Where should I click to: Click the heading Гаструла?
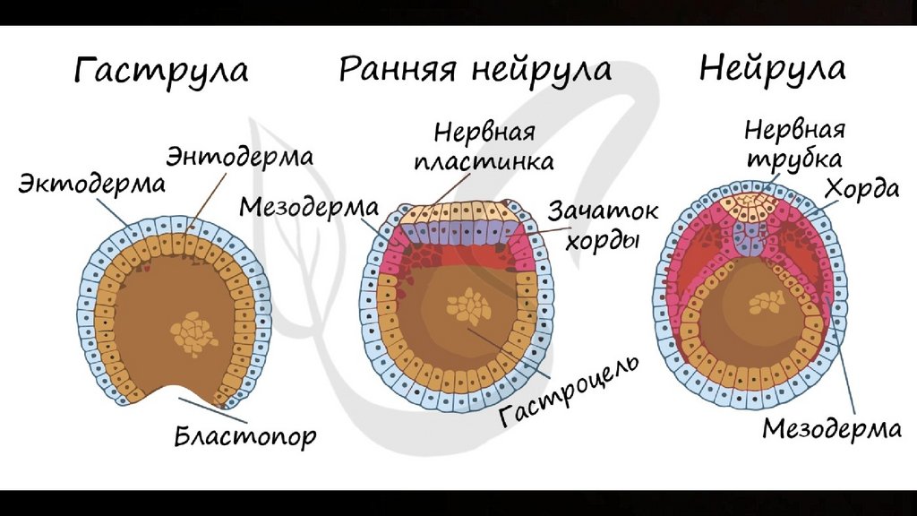tap(161, 71)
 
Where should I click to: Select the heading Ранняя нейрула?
tap(475, 69)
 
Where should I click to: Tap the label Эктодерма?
tap(92, 184)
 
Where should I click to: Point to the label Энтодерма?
tap(238, 156)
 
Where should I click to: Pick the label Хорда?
tap(864, 189)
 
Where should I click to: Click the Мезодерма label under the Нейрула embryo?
tap(832, 428)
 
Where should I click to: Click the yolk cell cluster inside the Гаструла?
tap(193, 334)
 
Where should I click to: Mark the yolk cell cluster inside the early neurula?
tap(468, 307)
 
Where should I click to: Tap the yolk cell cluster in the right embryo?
tap(766, 301)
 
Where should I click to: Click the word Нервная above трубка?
tap(793, 131)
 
